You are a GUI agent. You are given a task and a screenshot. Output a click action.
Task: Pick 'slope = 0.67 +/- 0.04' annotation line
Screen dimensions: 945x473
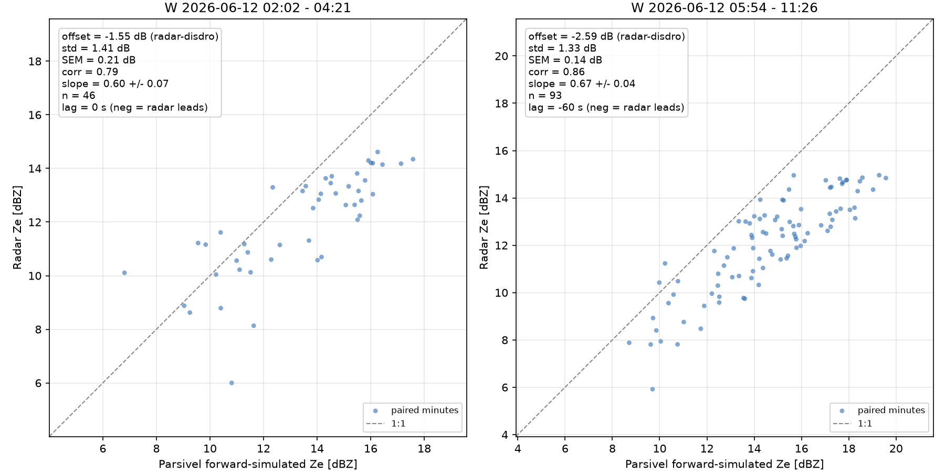(582, 84)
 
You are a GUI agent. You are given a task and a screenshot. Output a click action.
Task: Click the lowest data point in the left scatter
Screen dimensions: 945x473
(232, 383)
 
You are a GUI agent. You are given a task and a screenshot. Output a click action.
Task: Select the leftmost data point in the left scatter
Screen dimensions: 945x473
(124, 273)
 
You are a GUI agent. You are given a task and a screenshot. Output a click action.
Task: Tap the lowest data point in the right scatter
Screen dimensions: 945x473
(653, 389)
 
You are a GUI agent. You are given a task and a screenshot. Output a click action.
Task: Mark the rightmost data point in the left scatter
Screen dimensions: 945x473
(413, 159)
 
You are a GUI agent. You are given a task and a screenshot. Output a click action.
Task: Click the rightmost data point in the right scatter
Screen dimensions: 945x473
(886, 178)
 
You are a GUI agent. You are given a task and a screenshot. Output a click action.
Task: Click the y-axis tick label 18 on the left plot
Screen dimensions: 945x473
(36, 61)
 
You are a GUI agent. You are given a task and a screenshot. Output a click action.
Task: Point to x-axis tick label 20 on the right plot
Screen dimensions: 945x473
(896, 449)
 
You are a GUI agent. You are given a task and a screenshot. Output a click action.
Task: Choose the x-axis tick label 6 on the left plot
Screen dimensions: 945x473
(103, 449)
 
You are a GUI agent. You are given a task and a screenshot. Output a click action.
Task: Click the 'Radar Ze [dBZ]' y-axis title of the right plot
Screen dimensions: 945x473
(484, 228)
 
